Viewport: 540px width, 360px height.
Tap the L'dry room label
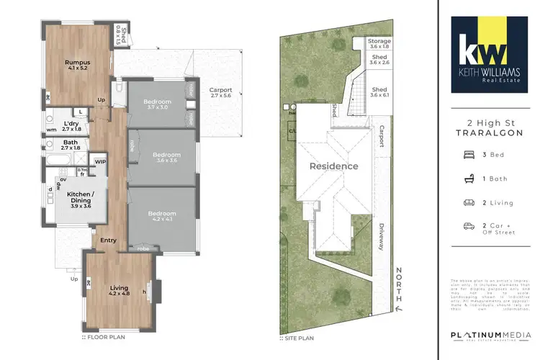[x=71, y=125]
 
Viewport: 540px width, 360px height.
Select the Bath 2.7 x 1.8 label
[x=71, y=145]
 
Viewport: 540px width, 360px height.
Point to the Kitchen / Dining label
[x=81, y=199]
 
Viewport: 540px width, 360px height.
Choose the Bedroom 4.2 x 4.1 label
[x=162, y=217]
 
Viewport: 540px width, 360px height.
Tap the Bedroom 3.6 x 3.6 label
[x=165, y=157]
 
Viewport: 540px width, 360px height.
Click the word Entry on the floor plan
[x=109, y=240]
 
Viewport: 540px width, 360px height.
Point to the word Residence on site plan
[x=333, y=166]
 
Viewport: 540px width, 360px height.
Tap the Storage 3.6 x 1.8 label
[x=379, y=45]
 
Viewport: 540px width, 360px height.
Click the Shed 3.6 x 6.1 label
[x=379, y=92]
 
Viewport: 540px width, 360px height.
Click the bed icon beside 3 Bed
[x=468, y=155]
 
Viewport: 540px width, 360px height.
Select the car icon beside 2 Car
[x=468, y=226]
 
